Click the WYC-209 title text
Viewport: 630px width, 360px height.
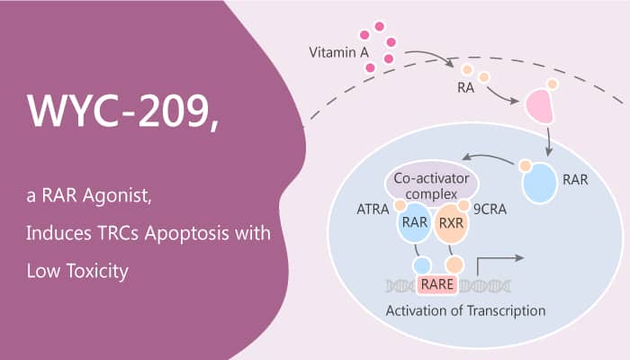[x=123, y=112]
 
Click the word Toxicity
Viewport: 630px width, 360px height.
[x=97, y=271]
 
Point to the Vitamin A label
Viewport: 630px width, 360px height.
[x=338, y=52]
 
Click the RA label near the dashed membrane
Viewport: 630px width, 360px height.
[x=465, y=87]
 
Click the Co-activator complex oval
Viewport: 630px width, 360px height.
[x=431, y=184]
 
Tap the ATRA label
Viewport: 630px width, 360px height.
[x=373, y=210]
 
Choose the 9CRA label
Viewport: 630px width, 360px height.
[x=490, y=210]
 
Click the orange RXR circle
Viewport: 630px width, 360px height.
[x=451, y=223]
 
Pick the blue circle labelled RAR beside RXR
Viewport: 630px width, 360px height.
[x=415, y=222]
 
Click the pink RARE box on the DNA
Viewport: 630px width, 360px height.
[x=437, y=284]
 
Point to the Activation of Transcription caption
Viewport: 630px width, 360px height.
[x=465, y=310]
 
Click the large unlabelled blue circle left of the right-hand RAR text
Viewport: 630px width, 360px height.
[x=540, y=183]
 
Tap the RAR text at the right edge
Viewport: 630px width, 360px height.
[x=575, y=180]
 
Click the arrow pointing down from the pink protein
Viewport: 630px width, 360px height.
[x=549, y=142]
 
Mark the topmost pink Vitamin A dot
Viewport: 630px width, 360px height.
[x=379, y=27]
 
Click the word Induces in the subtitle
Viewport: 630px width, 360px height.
[x=58, y=233]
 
